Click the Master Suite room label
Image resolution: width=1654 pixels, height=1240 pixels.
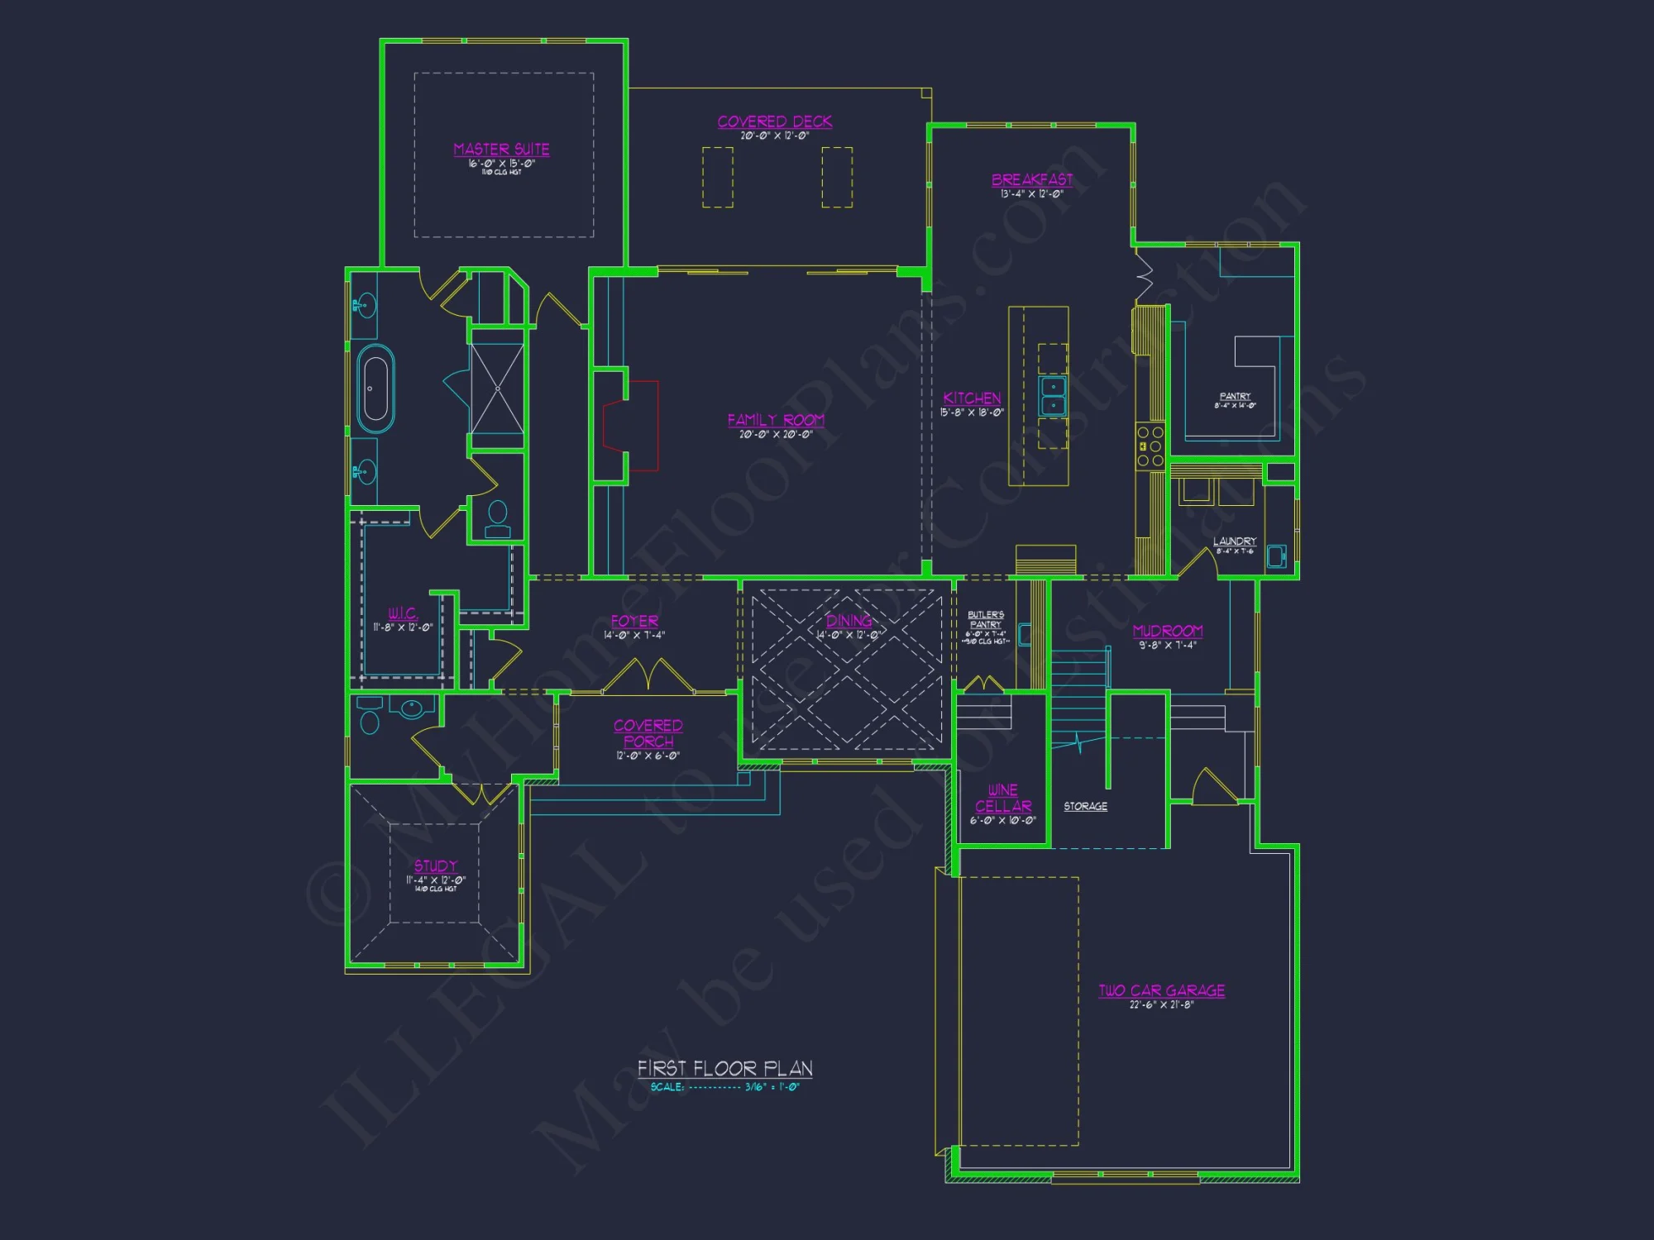click(501, 150)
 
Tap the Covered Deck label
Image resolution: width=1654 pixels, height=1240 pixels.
click(775, 122)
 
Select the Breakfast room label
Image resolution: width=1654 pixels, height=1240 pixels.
click(1032, 180)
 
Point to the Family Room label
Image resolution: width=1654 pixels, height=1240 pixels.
click(776, 420)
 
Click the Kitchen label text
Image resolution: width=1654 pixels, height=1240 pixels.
click(972, 398)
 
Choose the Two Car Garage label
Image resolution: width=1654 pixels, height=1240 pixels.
click(1161, 990)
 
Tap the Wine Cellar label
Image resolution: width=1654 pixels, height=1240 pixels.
click(1003, 799)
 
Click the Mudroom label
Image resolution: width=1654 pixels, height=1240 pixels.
click(1168, 632)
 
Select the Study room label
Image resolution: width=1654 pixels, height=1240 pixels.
click(436, 866)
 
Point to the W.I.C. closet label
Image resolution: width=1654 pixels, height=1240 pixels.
click(403, 613)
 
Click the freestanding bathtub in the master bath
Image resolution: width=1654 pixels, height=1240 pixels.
click(375, 388)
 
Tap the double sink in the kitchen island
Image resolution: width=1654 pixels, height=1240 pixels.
click(1052, 396)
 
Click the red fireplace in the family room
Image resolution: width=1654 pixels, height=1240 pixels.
click(633, 426)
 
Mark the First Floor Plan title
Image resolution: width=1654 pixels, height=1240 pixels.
click(724, 1069)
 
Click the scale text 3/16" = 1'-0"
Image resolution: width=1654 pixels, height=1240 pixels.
click(772, 1087)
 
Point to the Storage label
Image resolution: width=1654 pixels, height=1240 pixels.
click(1085, 806)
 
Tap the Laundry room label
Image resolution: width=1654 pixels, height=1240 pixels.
click(1235, 541)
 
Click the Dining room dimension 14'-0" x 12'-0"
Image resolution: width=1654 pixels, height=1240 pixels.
click(849, 636)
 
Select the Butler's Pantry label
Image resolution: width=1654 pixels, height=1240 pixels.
click(986, 620)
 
